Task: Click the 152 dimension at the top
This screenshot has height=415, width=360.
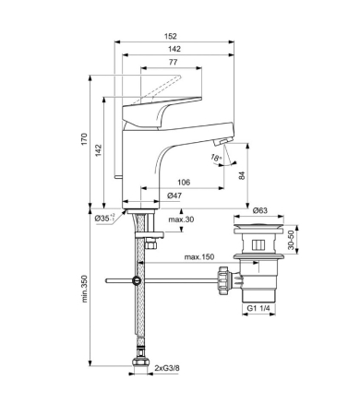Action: pos(171,36)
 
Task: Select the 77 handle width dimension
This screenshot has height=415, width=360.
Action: pos(174,62)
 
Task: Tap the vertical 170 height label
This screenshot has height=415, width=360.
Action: pos(84,139)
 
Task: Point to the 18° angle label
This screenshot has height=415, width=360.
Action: pos(216,158)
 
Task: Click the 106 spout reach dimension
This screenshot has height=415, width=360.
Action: pos(184,183)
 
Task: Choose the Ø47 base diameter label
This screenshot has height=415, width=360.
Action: pos(174,196)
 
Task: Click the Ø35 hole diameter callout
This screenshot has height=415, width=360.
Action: pos(104,218)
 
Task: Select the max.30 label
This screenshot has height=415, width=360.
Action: pos(181,219)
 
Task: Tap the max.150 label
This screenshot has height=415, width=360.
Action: pos(199,256)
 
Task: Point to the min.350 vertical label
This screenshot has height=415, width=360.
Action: pos(85,289)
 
